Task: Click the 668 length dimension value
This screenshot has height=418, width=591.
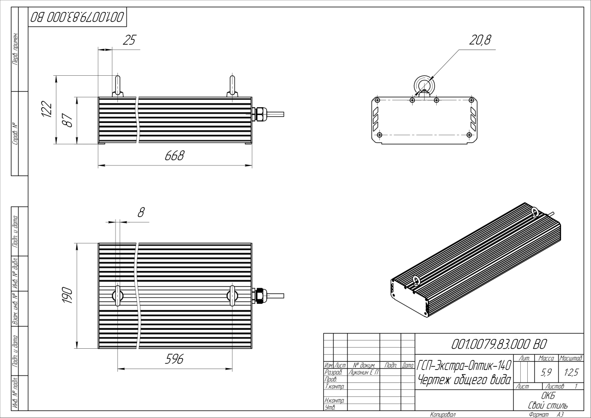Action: (175, 156)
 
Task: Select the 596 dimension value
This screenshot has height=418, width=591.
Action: (175, 359)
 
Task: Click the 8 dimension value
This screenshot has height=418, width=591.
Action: (141, 213)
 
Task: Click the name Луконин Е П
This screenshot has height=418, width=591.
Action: (363, 372)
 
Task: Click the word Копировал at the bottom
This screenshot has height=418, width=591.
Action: (442, 415)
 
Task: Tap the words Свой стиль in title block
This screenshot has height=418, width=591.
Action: (548, 405)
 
